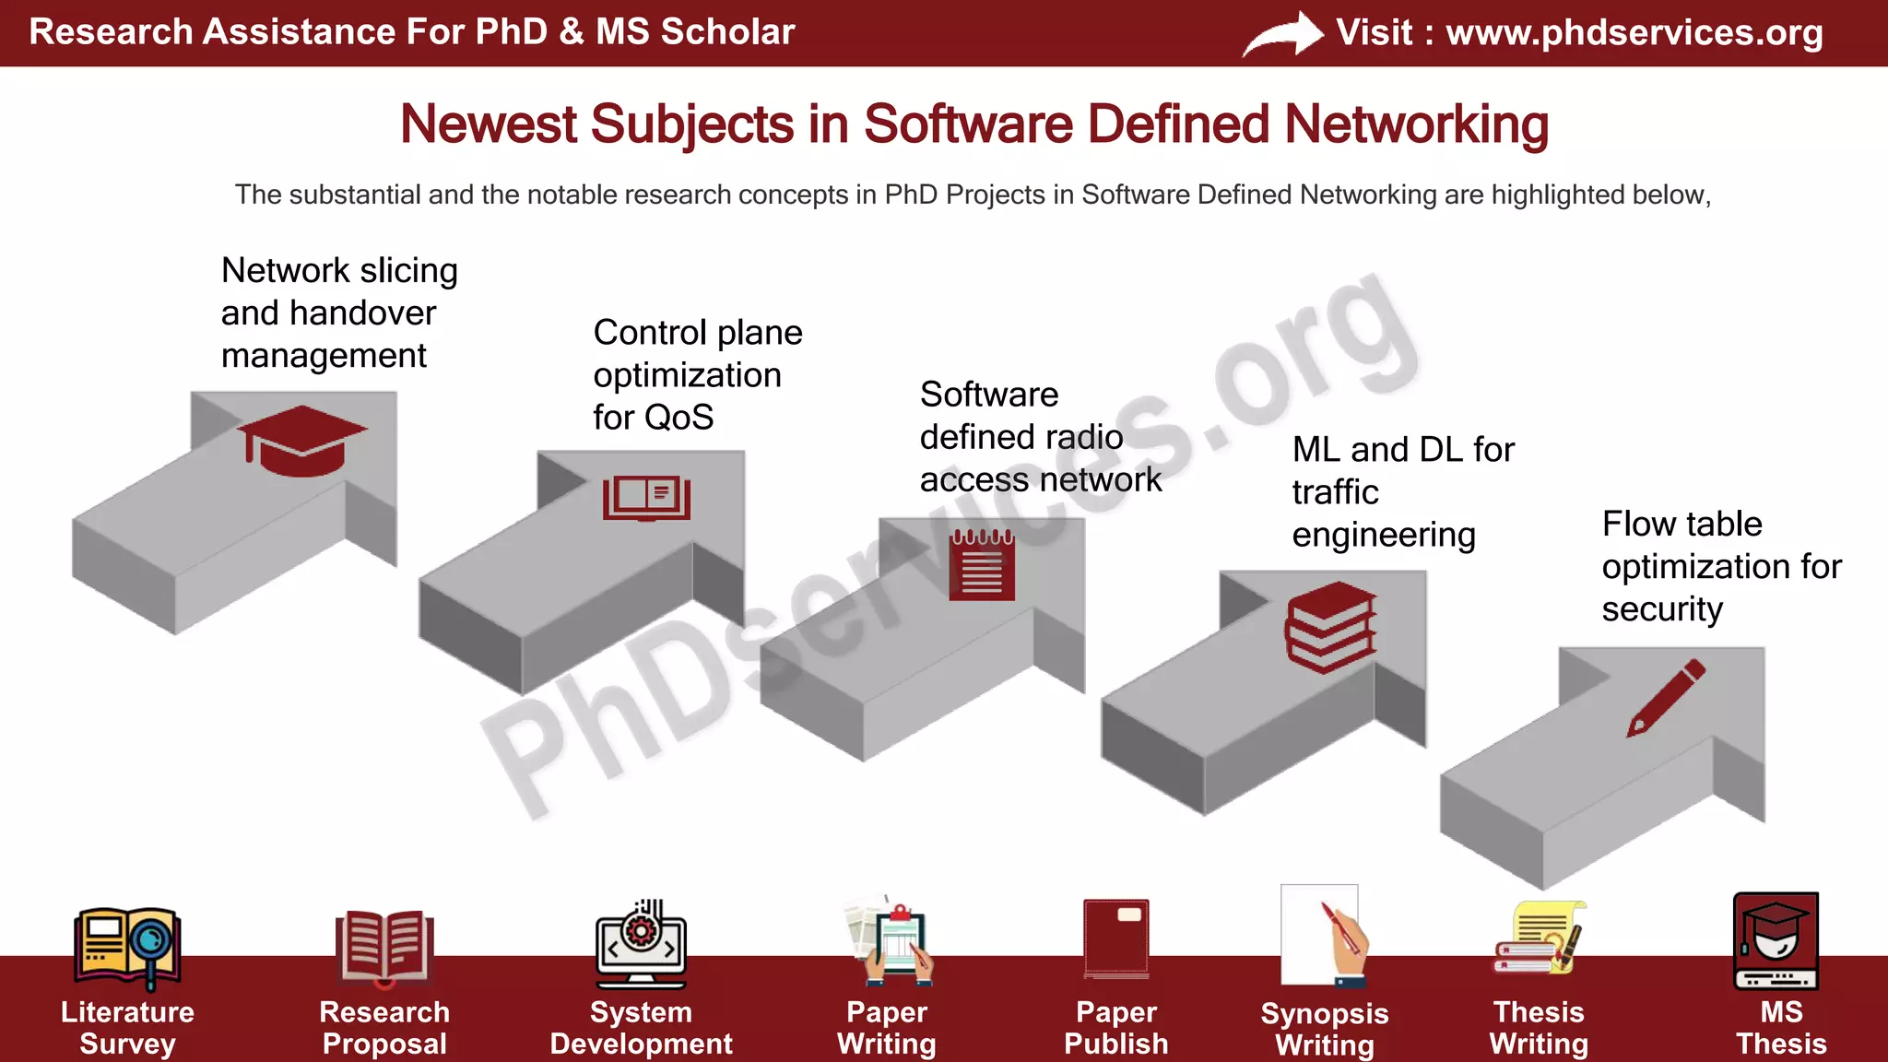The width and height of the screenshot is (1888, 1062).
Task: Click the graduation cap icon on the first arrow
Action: [301, 441]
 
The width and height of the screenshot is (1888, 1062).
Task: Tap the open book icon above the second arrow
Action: [646, 498]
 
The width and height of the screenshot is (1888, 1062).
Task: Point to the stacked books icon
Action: [1330, 627]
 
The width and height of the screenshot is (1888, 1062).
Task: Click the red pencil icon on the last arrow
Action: [1666, 698]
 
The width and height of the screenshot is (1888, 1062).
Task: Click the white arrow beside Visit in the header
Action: [1282, 35]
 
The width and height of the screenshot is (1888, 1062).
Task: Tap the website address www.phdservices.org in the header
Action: [1634, 32]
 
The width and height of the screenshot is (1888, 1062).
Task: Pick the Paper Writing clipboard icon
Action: [890, 940]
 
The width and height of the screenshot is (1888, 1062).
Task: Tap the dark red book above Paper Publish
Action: [1116, 938]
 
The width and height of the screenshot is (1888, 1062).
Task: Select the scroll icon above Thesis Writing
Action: [1539, 938]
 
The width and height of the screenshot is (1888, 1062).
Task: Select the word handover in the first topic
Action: [362, 313]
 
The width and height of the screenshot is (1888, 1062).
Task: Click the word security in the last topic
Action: [1662, 609]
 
